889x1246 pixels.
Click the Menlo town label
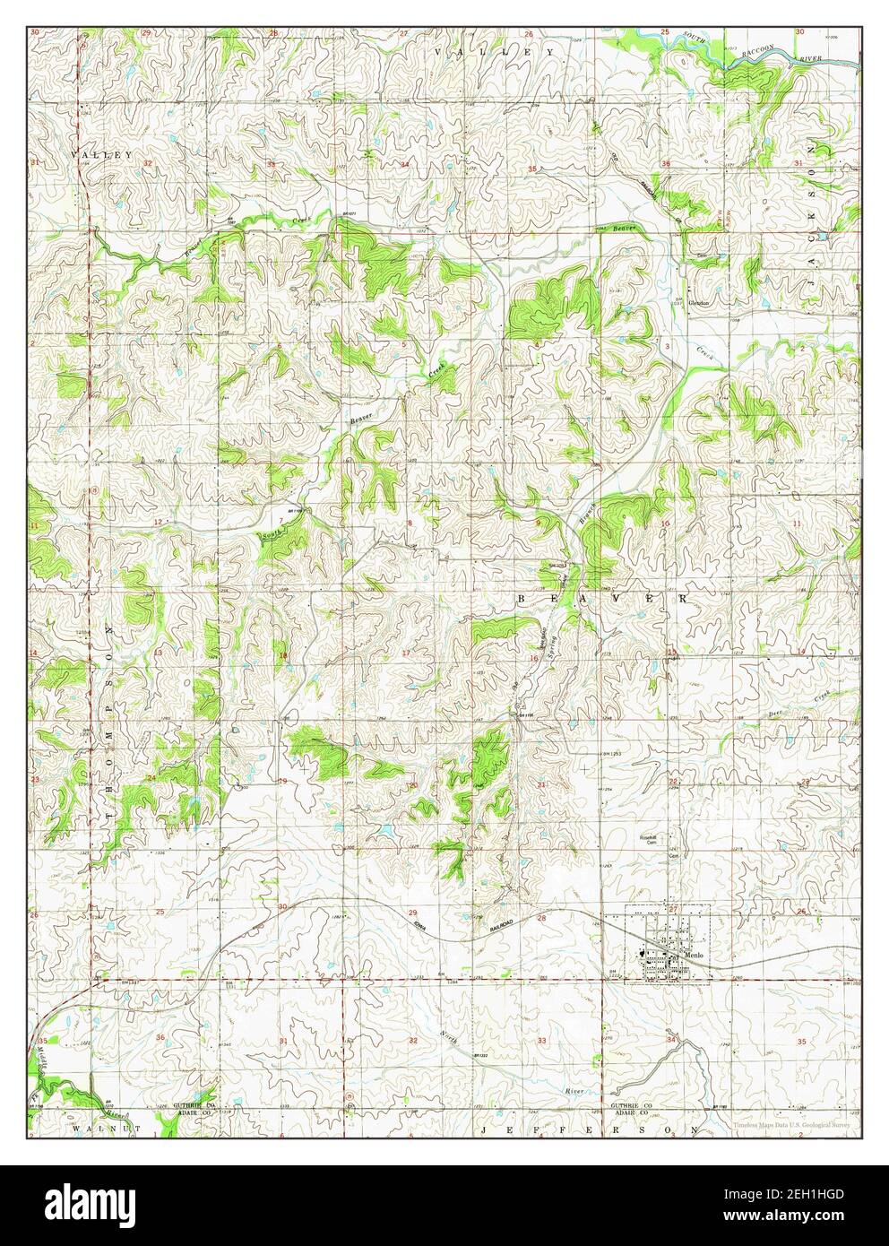[x=696, y=956]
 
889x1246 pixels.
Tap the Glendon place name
[x=698, y=303]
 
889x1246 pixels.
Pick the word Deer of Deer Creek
[x=776, y=714]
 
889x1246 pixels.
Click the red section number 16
[x=534, y=659]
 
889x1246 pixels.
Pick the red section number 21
[x=541, y=785]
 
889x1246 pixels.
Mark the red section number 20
[x=413, y=785]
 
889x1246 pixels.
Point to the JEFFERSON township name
[x=589, y=1131]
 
